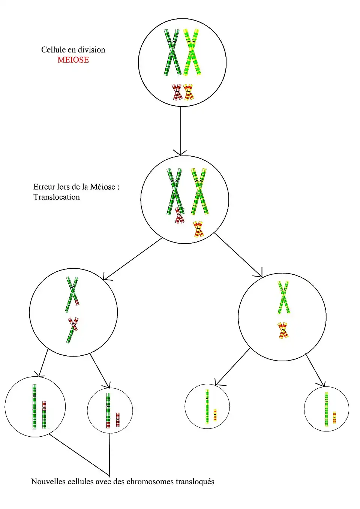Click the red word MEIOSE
coord(73,60)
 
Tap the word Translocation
coord(57,197)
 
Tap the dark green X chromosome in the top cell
coord(172,52)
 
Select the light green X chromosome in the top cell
coord(192,52)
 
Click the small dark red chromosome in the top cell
coord(177,92)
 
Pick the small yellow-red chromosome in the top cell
coord(189,92)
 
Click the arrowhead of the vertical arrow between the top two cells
coord(180,153)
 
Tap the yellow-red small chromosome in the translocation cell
coord(198,229)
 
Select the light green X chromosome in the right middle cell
coord(283,297)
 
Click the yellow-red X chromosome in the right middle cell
coord(283,330)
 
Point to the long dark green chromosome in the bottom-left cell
coord(34,406)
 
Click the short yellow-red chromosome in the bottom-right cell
coord(334,417)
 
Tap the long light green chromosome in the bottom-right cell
coord(327,409)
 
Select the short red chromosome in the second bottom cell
coord(118,419)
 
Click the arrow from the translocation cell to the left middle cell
coord(133,259)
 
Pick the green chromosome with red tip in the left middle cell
coord(72,295)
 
